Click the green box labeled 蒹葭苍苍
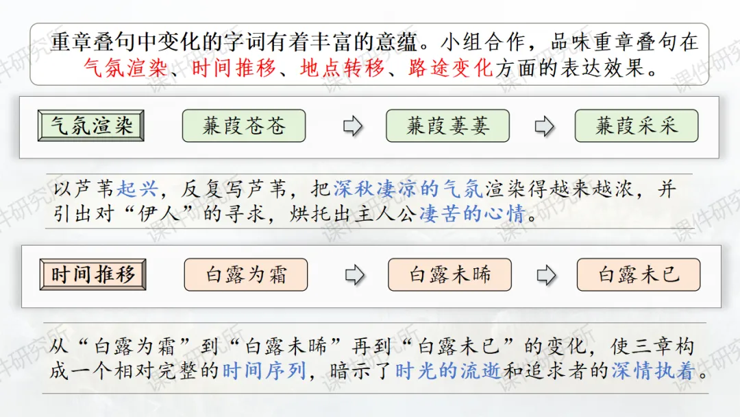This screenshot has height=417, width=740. (243, 126)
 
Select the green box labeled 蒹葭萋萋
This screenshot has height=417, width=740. (447, 126)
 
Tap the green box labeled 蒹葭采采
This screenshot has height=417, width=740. (637, 126)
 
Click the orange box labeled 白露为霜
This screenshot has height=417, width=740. (246, 274)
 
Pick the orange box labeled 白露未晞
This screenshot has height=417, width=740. (449, 274)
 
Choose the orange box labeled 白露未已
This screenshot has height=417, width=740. (639, 274)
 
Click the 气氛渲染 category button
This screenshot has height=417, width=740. (91, 126)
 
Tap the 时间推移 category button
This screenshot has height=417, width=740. (93, 274)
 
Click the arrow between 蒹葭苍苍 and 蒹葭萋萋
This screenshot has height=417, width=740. (352, 127)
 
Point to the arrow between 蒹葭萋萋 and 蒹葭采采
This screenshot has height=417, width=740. (544, 127)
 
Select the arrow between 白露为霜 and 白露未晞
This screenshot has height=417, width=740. (354, 275)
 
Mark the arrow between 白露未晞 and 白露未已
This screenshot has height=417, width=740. (546, 275)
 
